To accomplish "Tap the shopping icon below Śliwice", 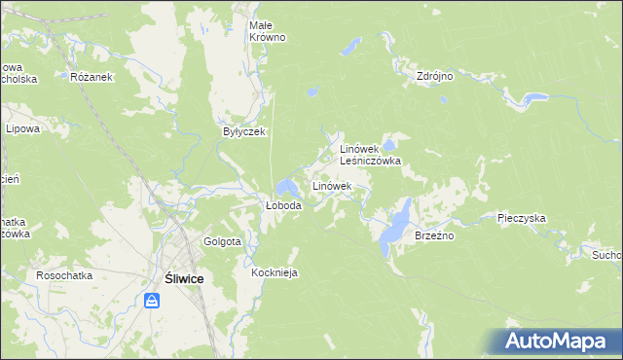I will [152, 301].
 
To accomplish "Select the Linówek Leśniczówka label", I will [370, 155].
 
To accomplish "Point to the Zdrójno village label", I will [435, 76].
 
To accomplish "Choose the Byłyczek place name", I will [244, 131].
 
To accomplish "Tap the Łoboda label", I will [284, 206].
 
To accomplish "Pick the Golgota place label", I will [222, 241].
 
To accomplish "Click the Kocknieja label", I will [274, 272].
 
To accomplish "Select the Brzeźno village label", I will [435, 235].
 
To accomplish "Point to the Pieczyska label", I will [521, 219].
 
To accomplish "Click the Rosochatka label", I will [64, 275].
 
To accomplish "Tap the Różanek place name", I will [93, 76].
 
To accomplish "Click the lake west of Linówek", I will [286, 186].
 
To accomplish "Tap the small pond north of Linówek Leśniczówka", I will [311, 92].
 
